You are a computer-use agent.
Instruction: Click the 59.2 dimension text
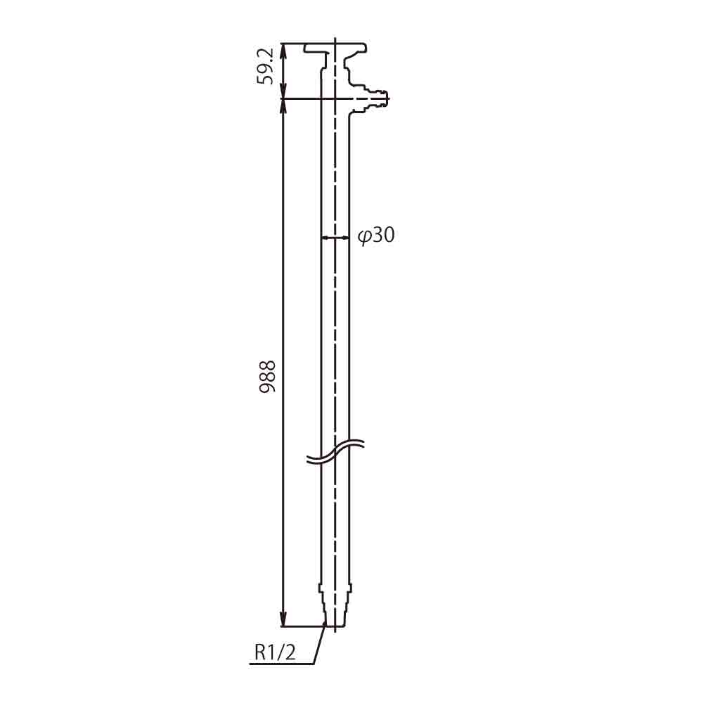(x=265, y=67)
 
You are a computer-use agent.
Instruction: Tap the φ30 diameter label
(x=376, y=236)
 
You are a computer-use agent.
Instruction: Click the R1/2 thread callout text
(x=275, y=652)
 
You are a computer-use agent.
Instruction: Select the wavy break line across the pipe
(x=336, y=453)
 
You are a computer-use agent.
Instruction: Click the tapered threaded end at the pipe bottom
(x=335, y=612)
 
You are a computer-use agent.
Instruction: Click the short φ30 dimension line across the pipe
(x=335, y=238)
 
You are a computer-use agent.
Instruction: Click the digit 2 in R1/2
(x=291, y=652)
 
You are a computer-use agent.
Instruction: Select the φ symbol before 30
(x=363, y=236)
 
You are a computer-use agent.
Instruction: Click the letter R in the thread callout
(x=259, y=652)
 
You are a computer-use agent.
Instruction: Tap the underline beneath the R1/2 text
(x=281, y=664)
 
